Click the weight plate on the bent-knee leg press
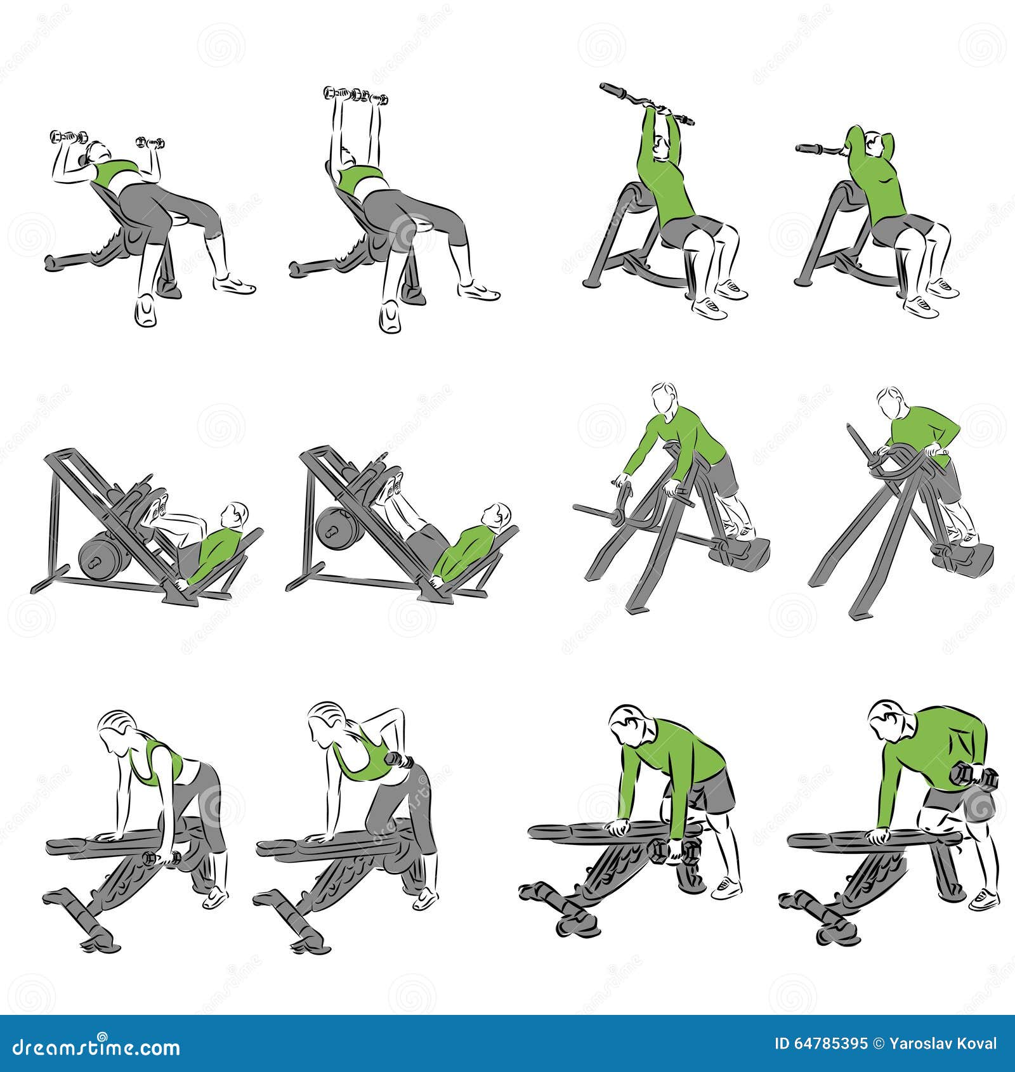coord(100,558)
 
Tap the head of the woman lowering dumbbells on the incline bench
coord(98,152)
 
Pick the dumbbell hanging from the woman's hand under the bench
coord(162,859)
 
